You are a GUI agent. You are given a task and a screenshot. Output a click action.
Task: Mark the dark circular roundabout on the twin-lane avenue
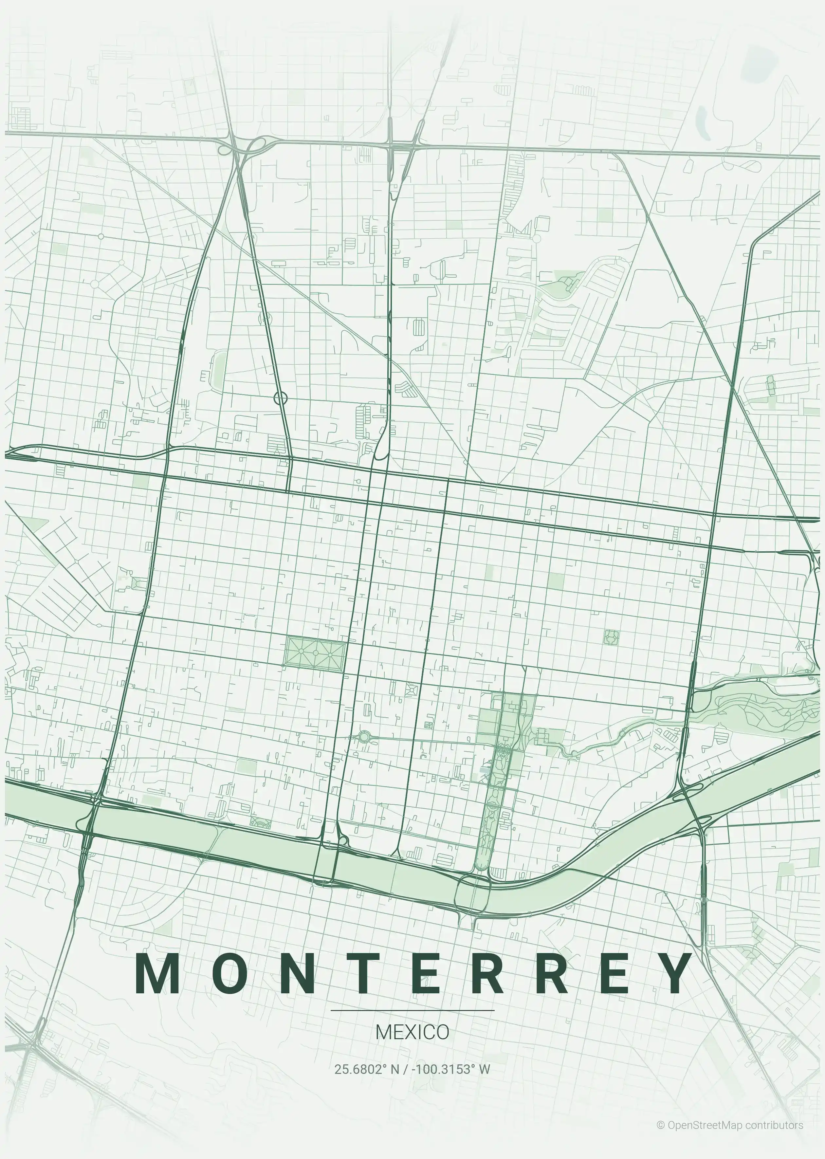tap(281, 398)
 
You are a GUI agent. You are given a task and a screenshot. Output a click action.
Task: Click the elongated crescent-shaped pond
tap(703, 122)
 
